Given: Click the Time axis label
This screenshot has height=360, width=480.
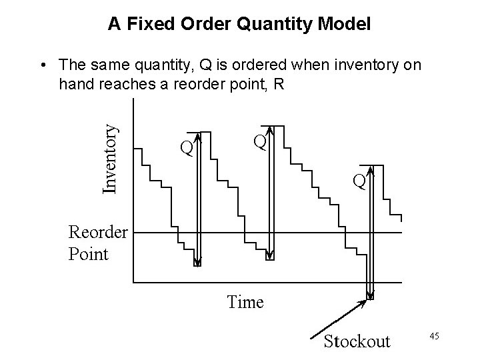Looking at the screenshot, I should (245, 302).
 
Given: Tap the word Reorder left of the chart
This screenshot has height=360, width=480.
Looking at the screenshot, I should (98, 233).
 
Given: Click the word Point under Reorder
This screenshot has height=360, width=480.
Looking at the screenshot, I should (88, 253).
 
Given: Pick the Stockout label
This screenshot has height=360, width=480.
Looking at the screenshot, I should (357, 341).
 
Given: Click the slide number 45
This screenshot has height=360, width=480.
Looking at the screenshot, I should (433, 335).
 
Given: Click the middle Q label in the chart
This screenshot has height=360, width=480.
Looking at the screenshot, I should (259, 141).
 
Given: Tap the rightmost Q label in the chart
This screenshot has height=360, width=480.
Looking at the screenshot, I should (359, 181).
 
